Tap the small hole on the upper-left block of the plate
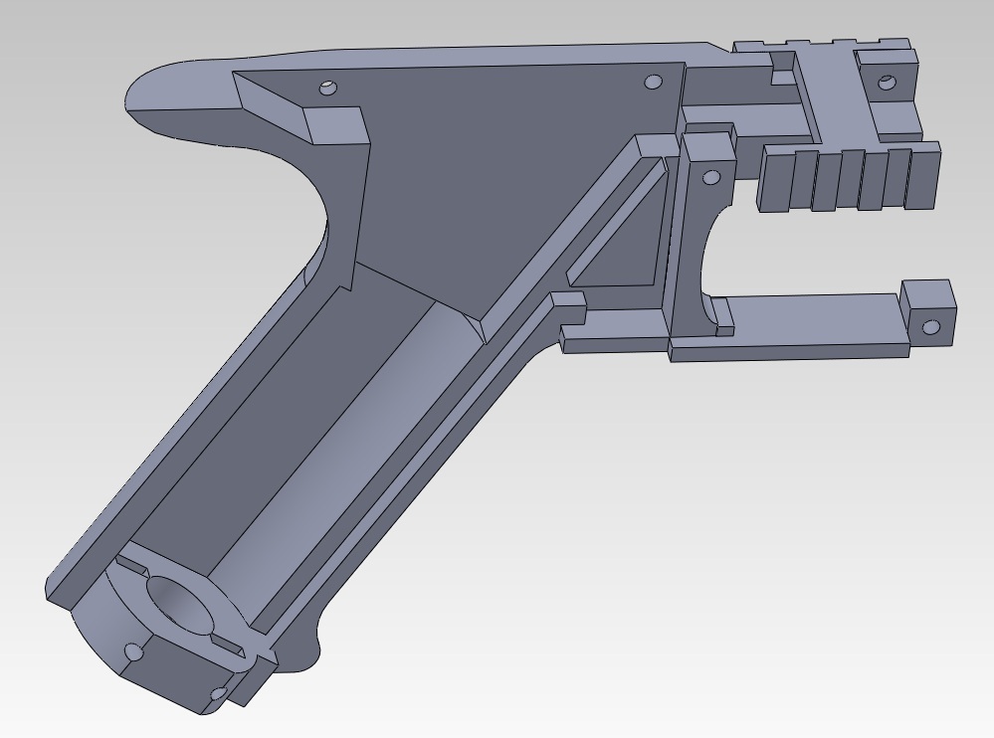[x=326, y=89]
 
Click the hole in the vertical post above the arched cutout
[x=710, y=178]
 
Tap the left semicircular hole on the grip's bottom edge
[x=132, y=652]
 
